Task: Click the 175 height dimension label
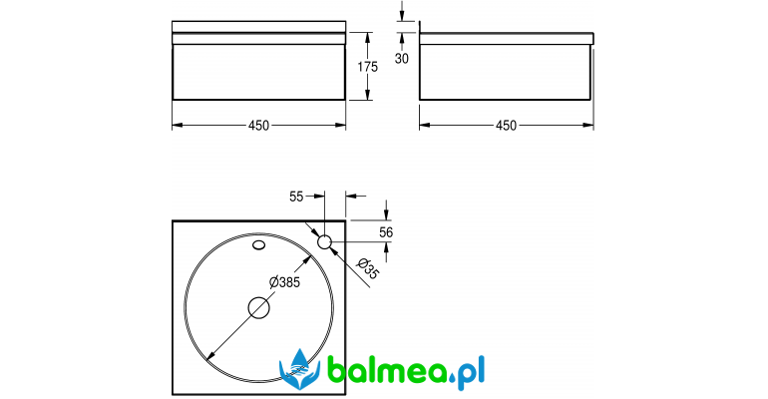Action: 367,67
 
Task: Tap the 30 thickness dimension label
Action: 402,58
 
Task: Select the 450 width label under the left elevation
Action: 258,126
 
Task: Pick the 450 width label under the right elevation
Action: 506,126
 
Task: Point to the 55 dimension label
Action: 296,197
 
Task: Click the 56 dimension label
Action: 386,232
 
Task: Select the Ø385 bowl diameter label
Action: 284,282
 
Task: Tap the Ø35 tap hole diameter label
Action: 367,268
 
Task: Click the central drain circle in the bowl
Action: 259,308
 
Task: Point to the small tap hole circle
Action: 325,241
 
